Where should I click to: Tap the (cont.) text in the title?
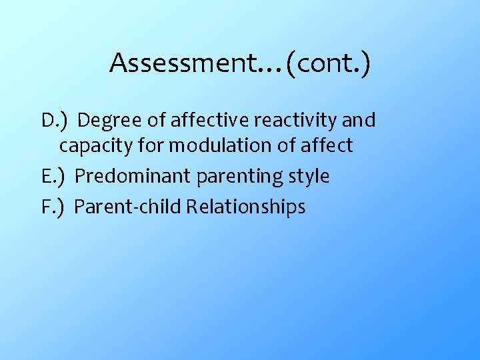(329, 63)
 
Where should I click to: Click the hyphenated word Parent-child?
(127, 207)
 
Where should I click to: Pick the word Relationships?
(245, 207)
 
